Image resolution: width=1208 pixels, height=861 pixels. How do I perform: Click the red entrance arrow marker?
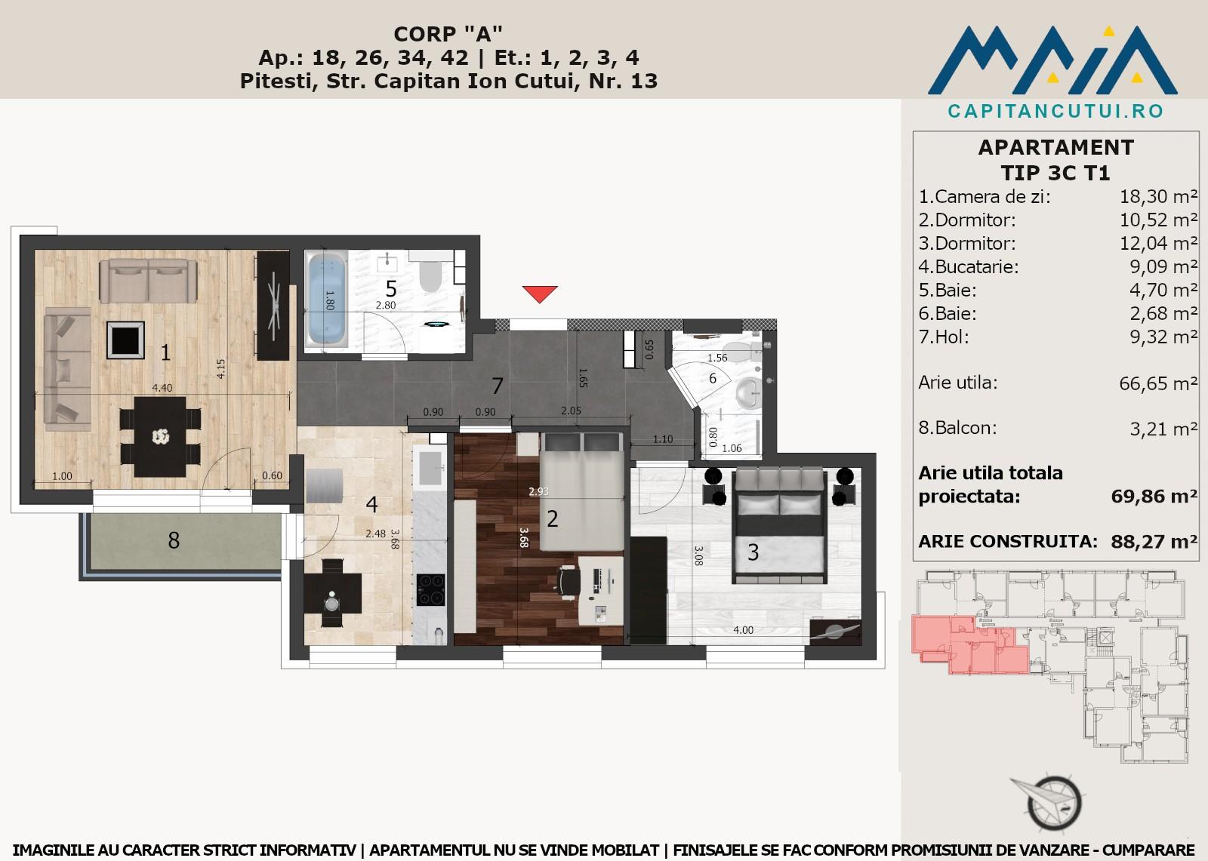(540, 294)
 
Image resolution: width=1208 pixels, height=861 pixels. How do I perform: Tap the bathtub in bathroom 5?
(327, 300)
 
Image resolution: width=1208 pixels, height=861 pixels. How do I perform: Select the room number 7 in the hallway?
(498, 386)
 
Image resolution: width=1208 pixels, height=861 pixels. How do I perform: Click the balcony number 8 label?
(174, 540)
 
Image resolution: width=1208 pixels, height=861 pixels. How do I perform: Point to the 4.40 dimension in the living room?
(162, 388)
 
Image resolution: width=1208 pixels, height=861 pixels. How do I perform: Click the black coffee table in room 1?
(125, 340)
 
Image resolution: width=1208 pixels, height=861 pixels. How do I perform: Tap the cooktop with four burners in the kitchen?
(431, 589)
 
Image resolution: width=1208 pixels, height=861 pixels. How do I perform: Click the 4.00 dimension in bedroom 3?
(743, 629)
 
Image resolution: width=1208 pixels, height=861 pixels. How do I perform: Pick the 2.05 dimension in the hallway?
(571, 411)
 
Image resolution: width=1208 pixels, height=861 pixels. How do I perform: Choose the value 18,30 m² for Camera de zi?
(1158, 197)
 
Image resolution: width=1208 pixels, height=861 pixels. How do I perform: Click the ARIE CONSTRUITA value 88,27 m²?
(1154, 541)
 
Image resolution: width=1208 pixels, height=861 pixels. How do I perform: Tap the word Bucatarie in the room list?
(976, 267)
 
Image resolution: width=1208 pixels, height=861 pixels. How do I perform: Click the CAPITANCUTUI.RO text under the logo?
(1056, 111)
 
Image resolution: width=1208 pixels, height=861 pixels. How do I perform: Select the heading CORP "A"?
(448, 34)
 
